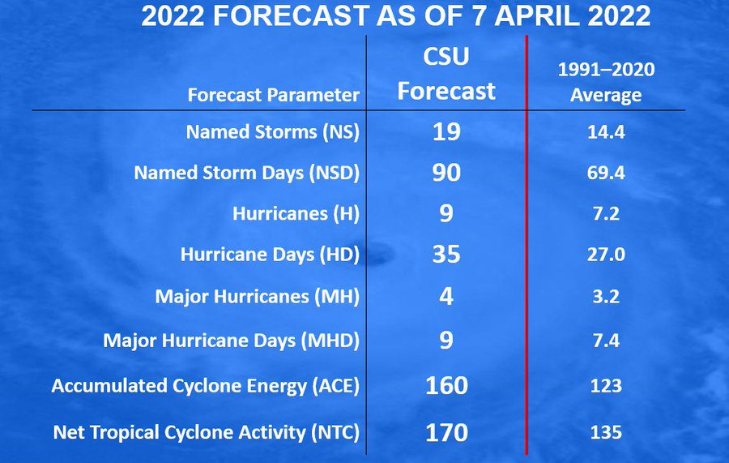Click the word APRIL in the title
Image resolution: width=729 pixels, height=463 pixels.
537,16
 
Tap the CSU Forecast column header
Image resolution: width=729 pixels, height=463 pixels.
446,74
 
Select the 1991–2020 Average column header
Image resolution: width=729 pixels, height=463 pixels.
606,83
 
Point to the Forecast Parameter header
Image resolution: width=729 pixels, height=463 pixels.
274,95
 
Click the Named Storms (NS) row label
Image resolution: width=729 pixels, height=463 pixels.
273,131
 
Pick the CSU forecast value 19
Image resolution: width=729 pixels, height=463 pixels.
446,131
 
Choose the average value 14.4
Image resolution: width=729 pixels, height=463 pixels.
606,132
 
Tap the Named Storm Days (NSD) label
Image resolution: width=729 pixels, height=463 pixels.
247,173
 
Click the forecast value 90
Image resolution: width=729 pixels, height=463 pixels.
446,173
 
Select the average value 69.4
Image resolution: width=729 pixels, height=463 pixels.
606,173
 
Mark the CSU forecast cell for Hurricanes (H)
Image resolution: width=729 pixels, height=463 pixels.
446,213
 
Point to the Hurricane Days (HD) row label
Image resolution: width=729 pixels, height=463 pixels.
270,255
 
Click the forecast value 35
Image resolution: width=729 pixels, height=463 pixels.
446,255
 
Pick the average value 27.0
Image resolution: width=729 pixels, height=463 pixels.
606,255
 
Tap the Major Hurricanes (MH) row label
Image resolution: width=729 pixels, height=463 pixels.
257,297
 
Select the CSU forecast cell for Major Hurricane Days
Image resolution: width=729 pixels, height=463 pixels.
446,340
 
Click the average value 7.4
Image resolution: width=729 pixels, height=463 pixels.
606,341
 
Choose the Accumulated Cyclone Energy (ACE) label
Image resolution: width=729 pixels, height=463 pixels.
206,386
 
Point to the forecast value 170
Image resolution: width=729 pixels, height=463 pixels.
446,432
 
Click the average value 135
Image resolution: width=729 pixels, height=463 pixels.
606,433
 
